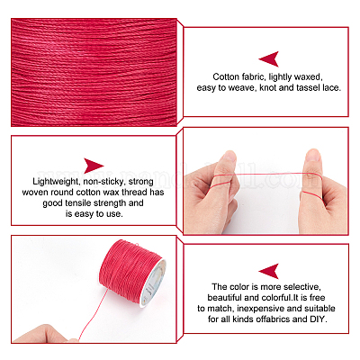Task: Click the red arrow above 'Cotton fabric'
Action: coord(270,59)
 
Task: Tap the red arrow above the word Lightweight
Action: coord(94,166)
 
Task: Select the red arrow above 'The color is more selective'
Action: coord(270,271)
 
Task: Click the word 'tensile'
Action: coord(78,203)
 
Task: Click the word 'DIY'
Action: coord(318,319)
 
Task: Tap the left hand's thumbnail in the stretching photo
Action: coord(229,156)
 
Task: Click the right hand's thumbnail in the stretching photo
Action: coord(312,155)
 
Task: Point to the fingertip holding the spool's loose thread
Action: coord(72,340)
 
